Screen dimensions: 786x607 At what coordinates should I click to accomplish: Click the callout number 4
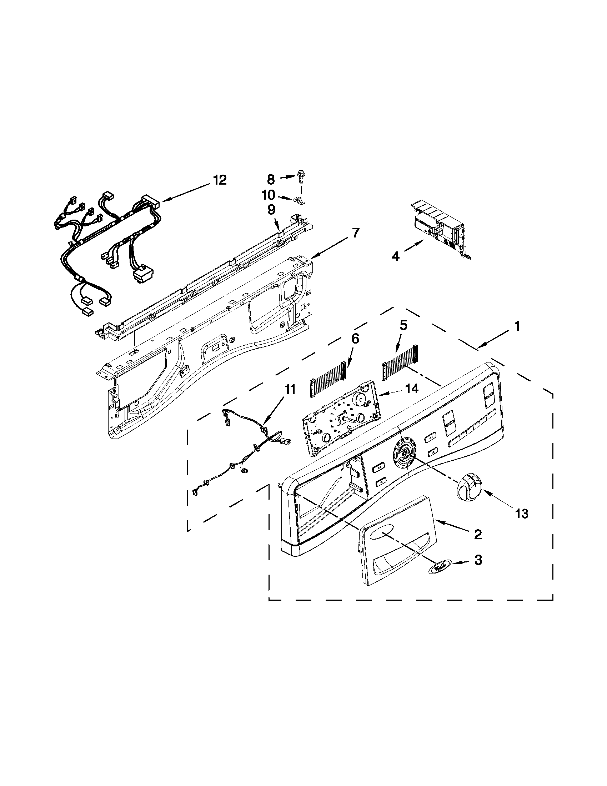pos(395,257)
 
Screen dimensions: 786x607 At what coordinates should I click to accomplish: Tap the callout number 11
pos(290,389)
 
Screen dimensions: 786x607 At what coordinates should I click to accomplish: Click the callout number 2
pos(477,535)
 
